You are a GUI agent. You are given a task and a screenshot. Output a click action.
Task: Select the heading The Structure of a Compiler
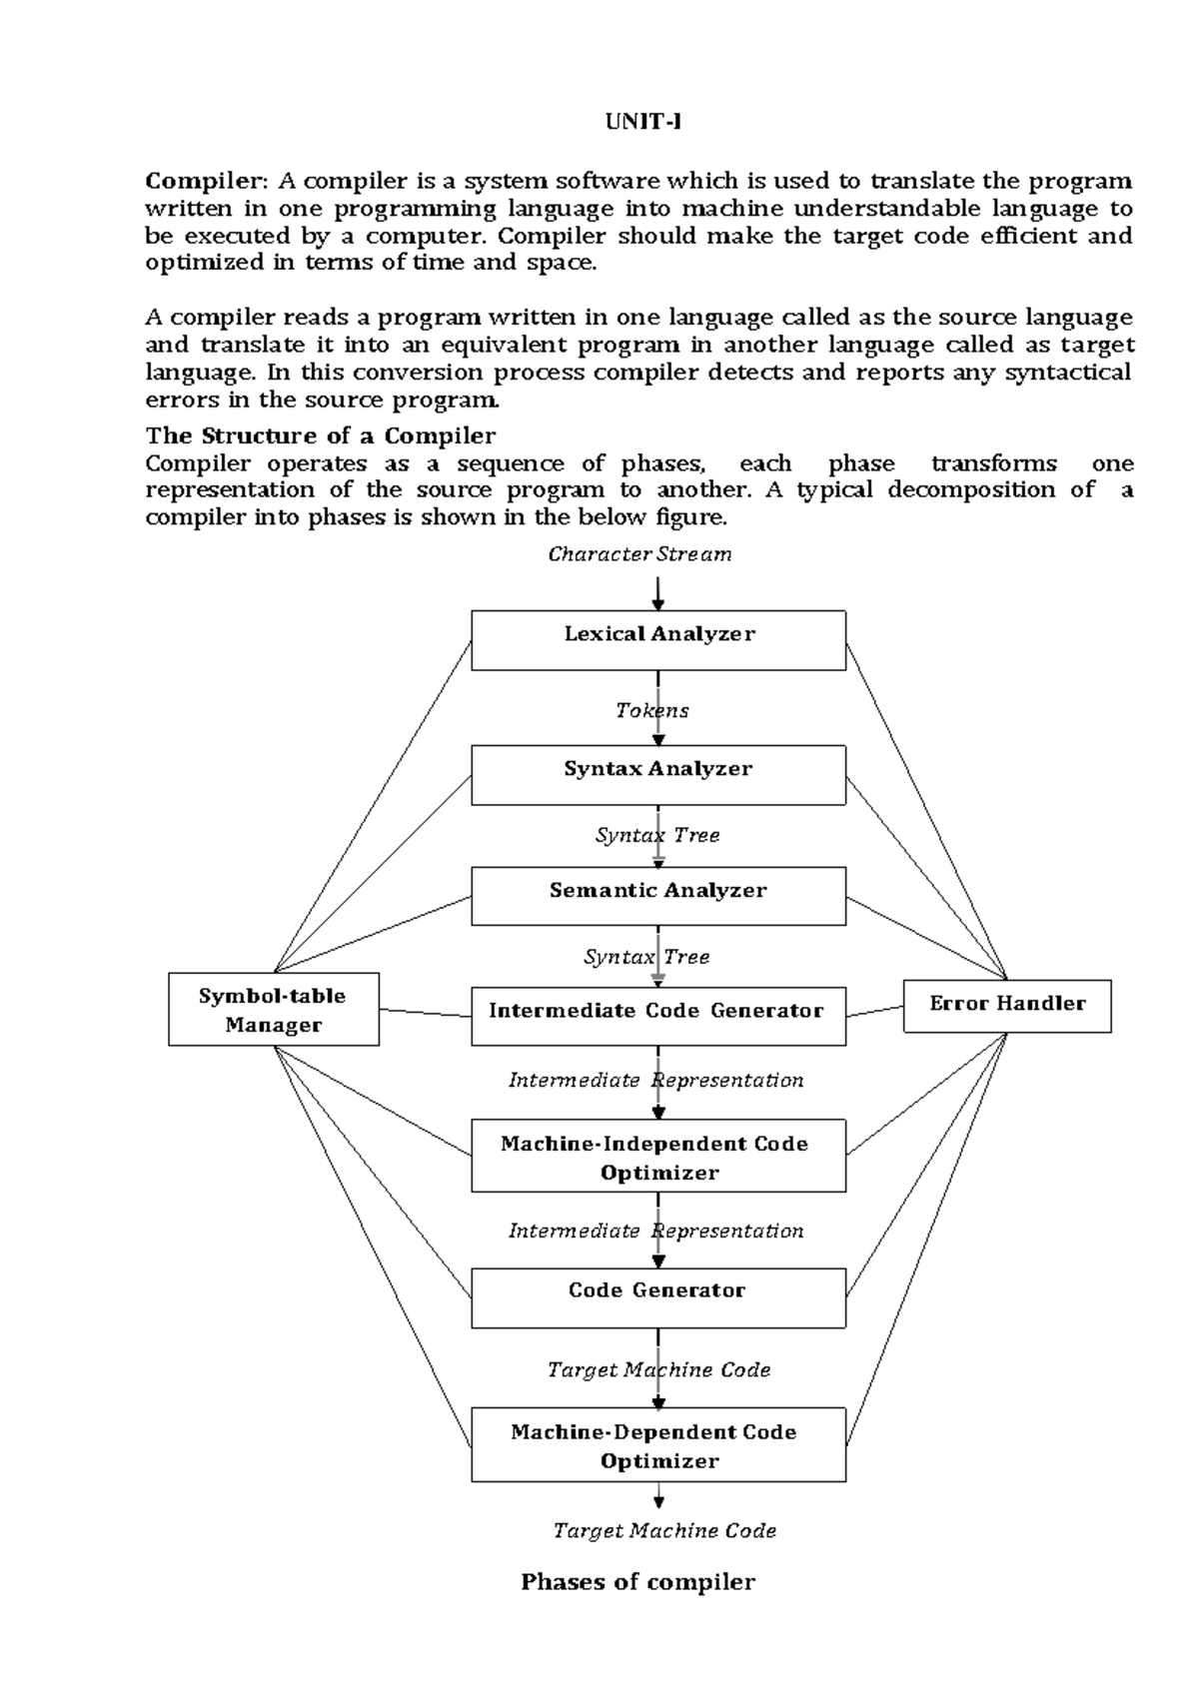320,435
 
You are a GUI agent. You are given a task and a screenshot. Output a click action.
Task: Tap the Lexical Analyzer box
658,640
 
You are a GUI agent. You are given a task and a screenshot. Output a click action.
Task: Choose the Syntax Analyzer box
658,775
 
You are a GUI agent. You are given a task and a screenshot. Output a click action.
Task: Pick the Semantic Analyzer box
658,896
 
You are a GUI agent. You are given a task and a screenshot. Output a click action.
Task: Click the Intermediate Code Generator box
658,1017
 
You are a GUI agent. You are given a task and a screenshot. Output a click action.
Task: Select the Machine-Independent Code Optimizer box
658,1157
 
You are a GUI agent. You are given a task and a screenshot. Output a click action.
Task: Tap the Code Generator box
658,1298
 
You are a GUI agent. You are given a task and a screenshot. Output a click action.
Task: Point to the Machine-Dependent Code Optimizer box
658,1445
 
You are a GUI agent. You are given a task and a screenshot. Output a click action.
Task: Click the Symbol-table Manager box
273,1010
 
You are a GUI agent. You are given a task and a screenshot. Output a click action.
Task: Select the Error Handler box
1007,1006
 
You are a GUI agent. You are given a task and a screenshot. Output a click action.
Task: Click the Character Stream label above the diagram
639,554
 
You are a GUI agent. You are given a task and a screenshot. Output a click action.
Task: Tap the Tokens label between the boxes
651,710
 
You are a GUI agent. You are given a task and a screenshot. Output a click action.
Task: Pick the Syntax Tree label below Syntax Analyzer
656,835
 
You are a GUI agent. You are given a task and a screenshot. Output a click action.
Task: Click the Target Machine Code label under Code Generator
658,1369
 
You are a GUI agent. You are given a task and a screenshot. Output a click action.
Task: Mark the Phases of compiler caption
637,1581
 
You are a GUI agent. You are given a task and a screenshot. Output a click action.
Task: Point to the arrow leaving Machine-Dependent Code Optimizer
658,1495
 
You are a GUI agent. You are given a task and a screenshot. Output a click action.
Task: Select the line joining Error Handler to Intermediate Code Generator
875,1012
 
